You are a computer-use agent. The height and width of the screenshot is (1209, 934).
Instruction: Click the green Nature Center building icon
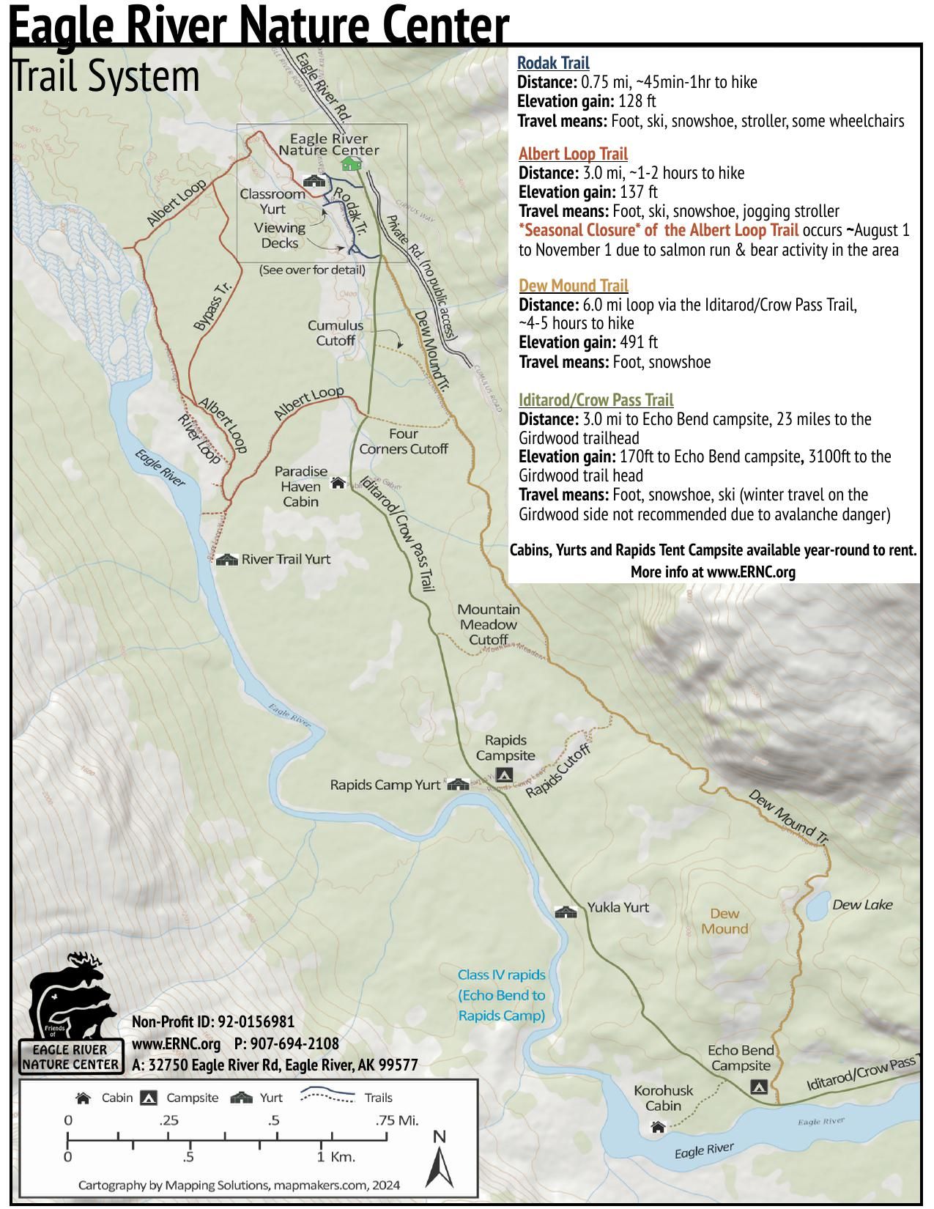click(x=352, y=163)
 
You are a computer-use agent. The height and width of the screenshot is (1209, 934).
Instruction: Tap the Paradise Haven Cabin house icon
click(x=338, y=482)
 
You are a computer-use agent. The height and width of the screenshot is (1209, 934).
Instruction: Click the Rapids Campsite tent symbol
click(x=504, y=774)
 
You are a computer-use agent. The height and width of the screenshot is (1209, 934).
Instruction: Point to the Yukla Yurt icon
click(x=566, y=912)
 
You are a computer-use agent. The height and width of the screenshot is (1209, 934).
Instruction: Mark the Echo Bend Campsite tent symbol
click(x=760, y=1086)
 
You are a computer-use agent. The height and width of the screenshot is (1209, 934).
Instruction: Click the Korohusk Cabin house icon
click(x=657, y=1127)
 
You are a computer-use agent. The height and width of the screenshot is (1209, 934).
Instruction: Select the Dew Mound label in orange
click(x=724, y=921)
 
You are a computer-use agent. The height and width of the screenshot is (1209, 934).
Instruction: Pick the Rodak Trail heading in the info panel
click(x=553, y=63)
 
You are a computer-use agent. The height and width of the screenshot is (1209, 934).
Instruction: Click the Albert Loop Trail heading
click(x=573, y=154)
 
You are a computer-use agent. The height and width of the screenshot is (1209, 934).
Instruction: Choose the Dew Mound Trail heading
click(x=573, y=285)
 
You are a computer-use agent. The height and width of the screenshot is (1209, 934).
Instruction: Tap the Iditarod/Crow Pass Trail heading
click(x=596, y=399)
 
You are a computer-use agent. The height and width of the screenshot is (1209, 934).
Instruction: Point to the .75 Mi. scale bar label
click(x=396, y=1120)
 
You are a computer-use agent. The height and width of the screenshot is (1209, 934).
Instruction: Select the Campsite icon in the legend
click(x=149, y=1098)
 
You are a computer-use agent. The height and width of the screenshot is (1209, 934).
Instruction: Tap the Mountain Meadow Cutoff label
click(x=488, y=624)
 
